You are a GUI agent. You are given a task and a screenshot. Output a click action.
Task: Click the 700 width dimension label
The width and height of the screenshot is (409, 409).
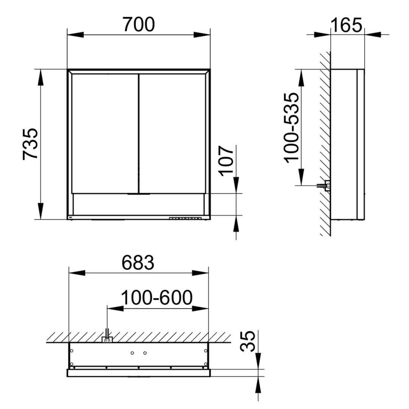click(139, 25)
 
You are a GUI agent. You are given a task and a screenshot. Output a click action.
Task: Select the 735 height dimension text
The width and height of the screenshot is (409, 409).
click(30, 144)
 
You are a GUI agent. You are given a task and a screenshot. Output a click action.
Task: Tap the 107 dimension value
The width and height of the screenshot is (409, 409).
click(226, 161)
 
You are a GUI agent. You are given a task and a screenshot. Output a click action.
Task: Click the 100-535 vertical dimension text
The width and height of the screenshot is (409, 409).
click(291, 128)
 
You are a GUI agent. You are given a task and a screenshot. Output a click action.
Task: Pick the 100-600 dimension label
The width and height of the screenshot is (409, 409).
click(157, 298)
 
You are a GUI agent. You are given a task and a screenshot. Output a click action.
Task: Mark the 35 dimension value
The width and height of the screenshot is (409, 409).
click(247, 342)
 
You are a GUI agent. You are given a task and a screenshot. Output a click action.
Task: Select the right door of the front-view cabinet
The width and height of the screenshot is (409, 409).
click(172, 134)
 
